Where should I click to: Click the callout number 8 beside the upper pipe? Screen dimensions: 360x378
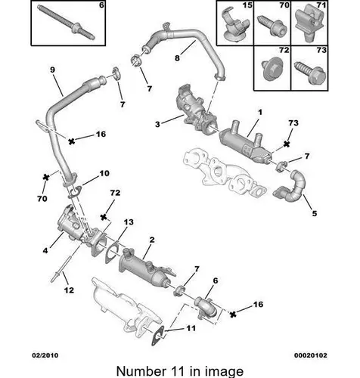[x=177, y=58]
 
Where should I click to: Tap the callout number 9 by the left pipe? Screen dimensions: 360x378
[x=52, y=70]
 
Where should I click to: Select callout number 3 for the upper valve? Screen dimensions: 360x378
[x=157, y=124]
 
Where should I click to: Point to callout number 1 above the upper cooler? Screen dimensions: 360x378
[x=260, y=112]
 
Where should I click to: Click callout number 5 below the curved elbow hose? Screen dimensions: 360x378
[x=315, y=213]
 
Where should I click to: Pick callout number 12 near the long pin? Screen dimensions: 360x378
[x=69, y=290]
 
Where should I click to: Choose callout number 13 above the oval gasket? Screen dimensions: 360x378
[x=129, y=222]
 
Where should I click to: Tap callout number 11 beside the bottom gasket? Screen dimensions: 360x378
[x=191, y=328]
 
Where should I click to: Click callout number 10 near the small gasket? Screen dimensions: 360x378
[x=104, y=173]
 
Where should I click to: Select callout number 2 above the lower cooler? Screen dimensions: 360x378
[x=152, y=240]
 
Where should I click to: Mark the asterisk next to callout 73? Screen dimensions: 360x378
[x=287, y=144]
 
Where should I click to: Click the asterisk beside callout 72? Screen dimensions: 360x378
[x=104, y=217]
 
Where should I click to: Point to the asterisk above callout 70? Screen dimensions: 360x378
[x=45, y=177]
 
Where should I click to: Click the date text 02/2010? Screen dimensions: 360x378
[x=45, y=355]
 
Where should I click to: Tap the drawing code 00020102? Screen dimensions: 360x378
[x=311, y=355]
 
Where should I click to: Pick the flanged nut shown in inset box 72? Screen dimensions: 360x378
[x=272, y=69]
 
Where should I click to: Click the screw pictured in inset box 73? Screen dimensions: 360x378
[x=310, y=73]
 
